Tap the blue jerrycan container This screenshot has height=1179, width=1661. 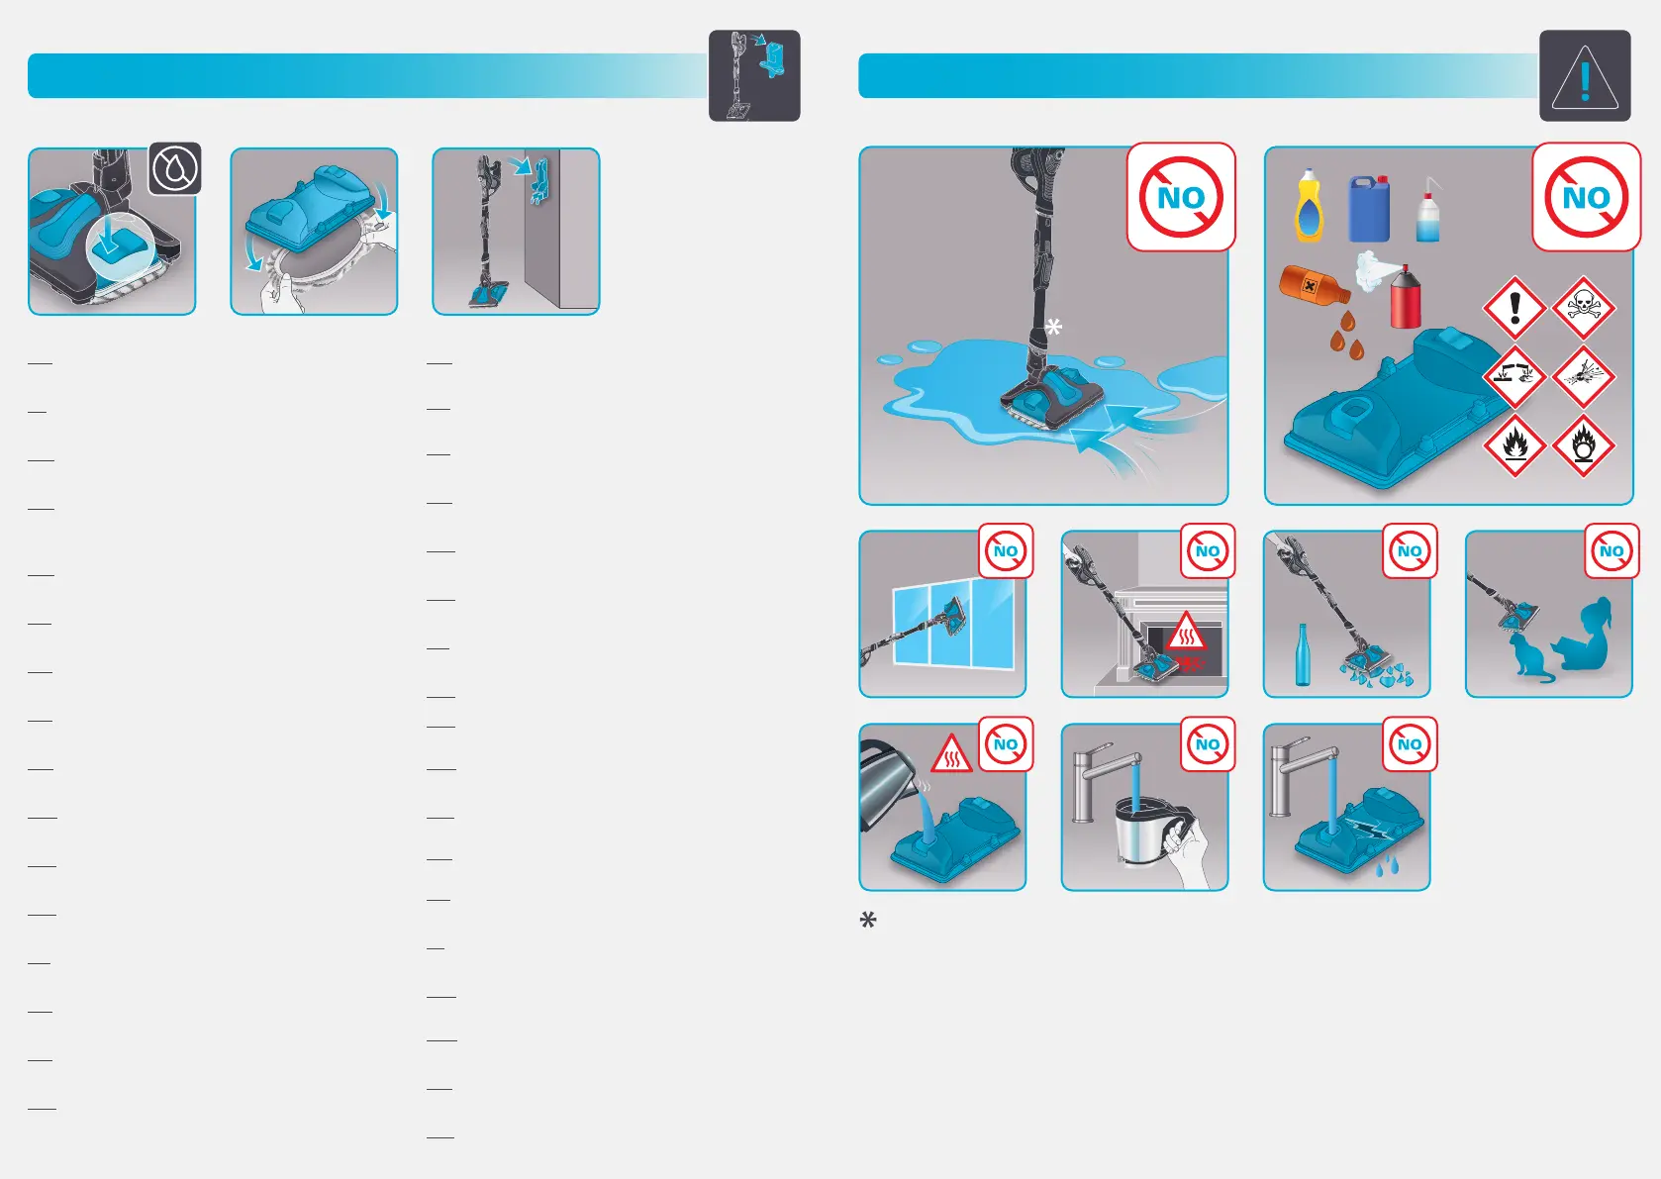point(1369,208)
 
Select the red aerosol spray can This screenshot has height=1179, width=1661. point(1406,297)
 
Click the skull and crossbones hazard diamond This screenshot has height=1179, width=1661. point(1583,308)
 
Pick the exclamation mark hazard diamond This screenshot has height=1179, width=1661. point(1514,308)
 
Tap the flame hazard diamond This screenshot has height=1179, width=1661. point(1514,445)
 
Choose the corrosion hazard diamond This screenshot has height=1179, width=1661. point(1514,377)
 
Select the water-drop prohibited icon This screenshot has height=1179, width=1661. point(175,169)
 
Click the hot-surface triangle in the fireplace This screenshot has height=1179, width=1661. point(1186,631)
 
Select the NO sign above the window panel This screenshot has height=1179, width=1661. point(1006,551)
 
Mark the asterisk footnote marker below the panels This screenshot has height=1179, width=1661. point(867,921)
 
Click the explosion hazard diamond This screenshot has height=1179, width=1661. point(1583,377)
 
